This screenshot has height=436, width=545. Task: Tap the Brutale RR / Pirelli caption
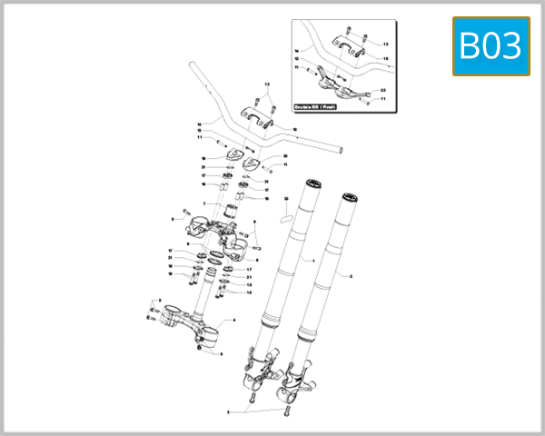tap(315, 108)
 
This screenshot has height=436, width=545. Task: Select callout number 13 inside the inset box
tap(384, 44)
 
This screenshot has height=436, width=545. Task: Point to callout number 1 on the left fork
tap(312, 261)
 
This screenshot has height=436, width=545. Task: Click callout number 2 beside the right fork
tap(351, 273)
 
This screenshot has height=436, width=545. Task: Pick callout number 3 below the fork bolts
tap(229, 411)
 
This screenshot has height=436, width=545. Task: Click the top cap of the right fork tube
tap(346, 194)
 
